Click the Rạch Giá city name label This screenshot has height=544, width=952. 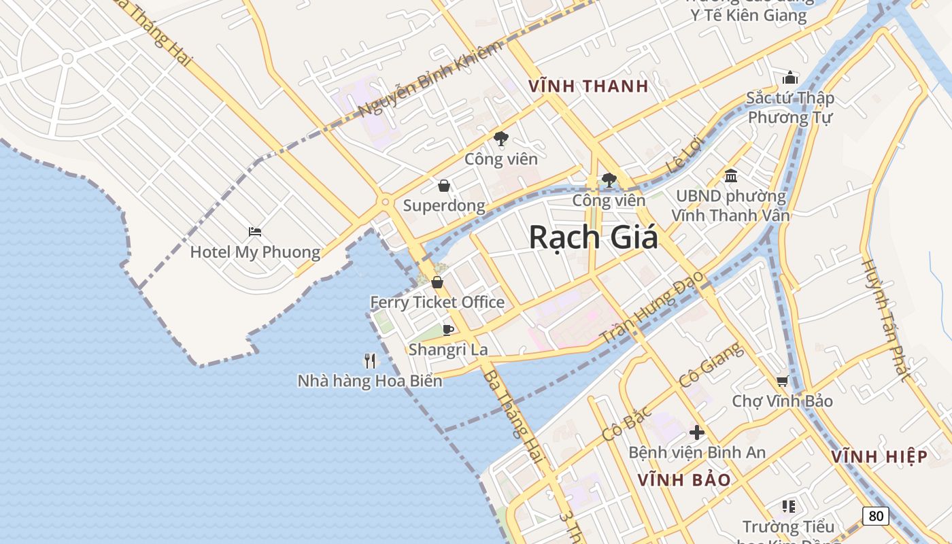click(594, 237)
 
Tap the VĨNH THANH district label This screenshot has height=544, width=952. click(589, 86)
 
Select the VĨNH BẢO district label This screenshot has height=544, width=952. click(684, 480)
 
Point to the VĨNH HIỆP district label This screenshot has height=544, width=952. click(879, 457)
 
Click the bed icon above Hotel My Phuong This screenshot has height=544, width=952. click(255, 232)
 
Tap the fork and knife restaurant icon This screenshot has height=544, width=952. click(370, 360)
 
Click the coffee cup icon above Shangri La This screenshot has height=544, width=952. click(447, 330)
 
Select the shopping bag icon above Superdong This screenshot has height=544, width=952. click(443, 186)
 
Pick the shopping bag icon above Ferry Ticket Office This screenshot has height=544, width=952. click(437, 282)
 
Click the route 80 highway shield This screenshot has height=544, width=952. click(876, 516)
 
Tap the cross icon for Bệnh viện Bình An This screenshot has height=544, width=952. click(696, 432)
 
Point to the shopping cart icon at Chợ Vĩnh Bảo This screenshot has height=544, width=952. click(782, 381)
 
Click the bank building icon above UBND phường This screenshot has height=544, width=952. click(731, 176)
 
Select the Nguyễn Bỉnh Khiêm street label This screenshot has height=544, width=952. click(430, 79)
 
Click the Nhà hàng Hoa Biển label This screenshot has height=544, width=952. click(370, 381)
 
